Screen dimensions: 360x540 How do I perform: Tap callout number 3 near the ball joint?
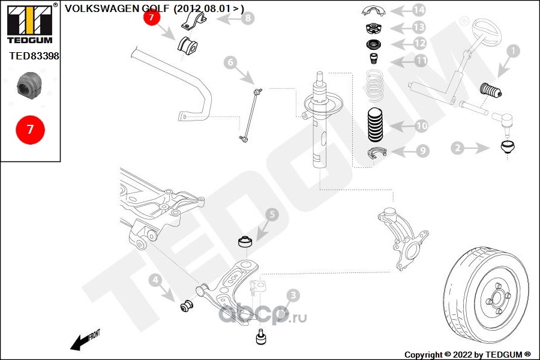coord(292,295)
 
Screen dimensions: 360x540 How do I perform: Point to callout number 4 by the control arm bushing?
coord(155,280)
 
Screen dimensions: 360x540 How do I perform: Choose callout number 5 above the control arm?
coord(271,214)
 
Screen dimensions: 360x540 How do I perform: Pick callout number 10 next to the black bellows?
coord(421,126)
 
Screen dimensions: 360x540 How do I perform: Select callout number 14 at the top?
coord(418,10)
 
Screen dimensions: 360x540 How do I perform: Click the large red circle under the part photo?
coord(30,129)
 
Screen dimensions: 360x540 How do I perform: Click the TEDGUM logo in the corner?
coord(29,23)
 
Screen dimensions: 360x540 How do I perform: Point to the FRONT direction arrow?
coord(83,340)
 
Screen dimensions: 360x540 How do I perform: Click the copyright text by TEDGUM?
coord(467,355)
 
